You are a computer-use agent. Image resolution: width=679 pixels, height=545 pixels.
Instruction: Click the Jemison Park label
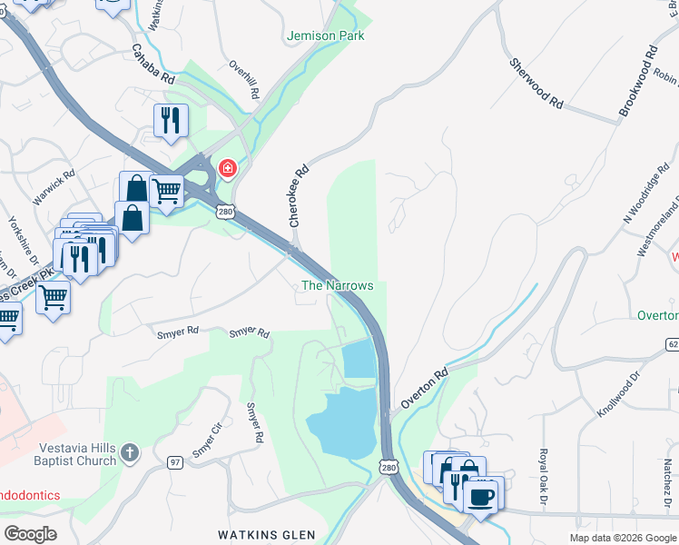coord(325,36)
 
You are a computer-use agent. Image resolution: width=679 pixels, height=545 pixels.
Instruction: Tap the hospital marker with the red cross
coord(226,169)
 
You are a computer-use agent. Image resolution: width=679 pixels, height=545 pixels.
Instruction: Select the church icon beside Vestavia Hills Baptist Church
coord(130,452)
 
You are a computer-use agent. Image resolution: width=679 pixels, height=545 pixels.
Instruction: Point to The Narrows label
coord(338,285)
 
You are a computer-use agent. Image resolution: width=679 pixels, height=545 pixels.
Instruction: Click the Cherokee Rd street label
coord(300,194)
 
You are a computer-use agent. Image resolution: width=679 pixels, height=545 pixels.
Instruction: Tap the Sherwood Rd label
coord(536,84)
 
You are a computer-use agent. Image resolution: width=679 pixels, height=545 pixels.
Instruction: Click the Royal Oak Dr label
coord(543,476)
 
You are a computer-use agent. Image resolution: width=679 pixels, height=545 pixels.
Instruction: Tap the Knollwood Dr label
coord(618,392)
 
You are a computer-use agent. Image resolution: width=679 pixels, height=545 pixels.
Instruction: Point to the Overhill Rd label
coord(245,80)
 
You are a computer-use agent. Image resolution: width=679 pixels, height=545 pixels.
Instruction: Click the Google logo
coord(30,534)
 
